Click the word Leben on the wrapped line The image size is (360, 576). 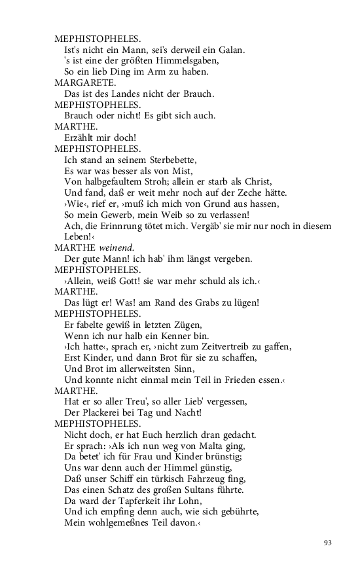tap(78, 236)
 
